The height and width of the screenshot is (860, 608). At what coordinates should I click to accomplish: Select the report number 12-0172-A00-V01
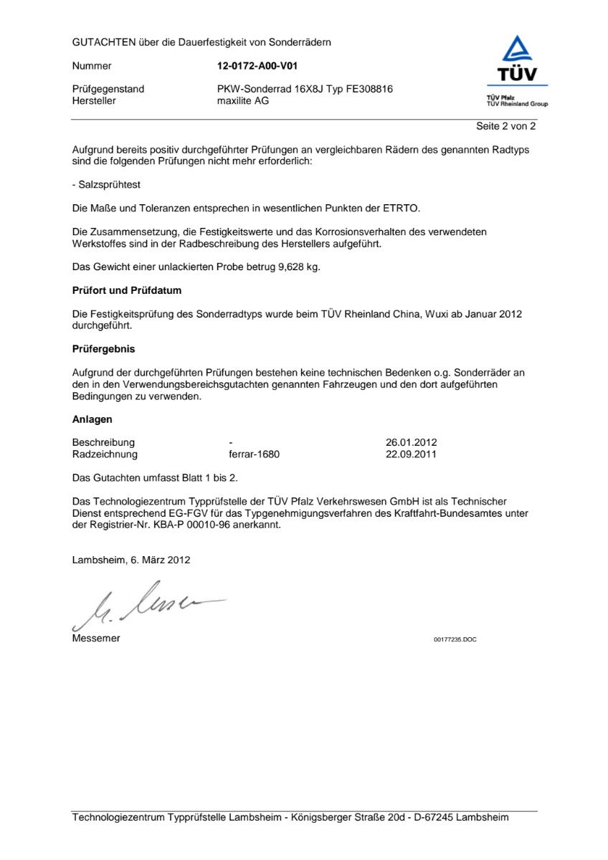click(x=257, y=66)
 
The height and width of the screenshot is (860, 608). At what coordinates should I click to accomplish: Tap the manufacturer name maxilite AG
click(x=244, y=100)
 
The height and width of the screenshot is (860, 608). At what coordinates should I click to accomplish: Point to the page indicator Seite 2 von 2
click(x=505, y=126)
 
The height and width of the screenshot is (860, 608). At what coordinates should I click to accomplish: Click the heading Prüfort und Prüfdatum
click(x=127, y=291)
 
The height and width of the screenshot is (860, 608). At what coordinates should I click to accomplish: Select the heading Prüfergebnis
click(x=103, y=350)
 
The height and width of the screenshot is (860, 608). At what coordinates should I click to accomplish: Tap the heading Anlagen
click(x=92, y=419)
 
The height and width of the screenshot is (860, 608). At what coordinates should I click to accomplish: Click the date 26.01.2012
click(x=411, y=442)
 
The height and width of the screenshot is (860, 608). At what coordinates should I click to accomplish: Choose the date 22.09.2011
click(x=411, y=454)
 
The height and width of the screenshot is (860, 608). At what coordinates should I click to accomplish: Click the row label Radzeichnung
click(x=105, y=454)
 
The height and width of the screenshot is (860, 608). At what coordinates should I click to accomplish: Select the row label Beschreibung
click(x=103, y=442)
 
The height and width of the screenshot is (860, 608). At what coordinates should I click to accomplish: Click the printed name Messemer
click(x=96, y=639)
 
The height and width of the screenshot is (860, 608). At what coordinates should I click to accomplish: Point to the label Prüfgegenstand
click(x=108, y=89)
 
